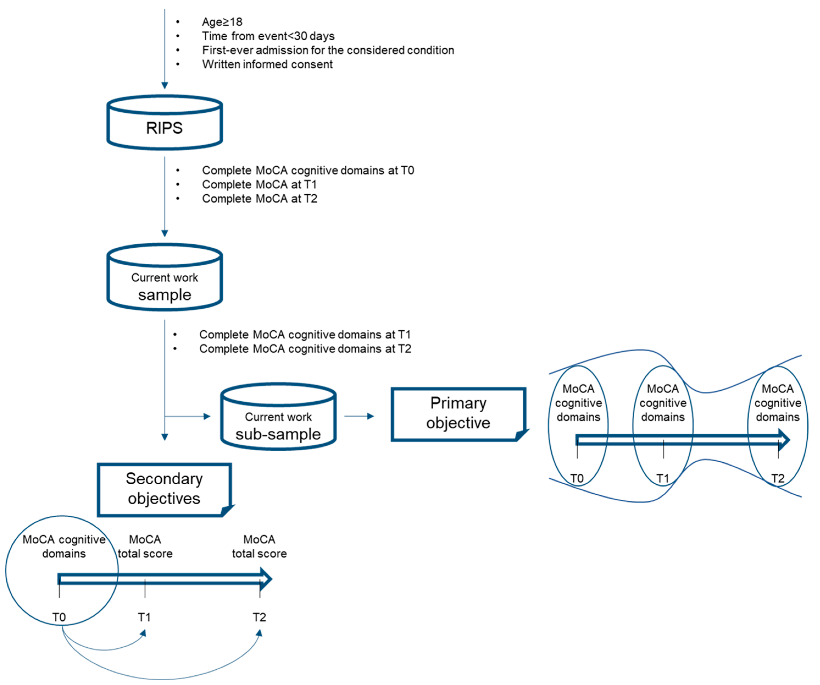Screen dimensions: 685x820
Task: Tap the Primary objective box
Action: point(458,413)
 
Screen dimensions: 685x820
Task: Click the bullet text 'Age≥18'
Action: point(222,22)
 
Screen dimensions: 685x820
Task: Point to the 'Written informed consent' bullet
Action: point(267,64)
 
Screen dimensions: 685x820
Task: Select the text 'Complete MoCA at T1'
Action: point(259,184)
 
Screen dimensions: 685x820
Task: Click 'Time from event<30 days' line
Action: point(268,36)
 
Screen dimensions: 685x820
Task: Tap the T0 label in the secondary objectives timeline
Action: point(59,617)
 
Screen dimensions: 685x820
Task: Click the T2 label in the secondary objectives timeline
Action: point(259,617)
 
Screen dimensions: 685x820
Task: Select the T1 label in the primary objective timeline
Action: point(663,478)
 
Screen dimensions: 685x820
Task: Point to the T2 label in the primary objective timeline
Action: point(777,478)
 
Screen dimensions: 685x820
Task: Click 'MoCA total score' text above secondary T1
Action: point(145,547)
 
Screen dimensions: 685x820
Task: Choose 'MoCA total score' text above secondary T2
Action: point(259,547)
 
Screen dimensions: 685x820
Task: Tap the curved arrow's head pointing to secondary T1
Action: point(144,633)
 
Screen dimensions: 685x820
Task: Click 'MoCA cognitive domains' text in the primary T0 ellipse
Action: point(578,403)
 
